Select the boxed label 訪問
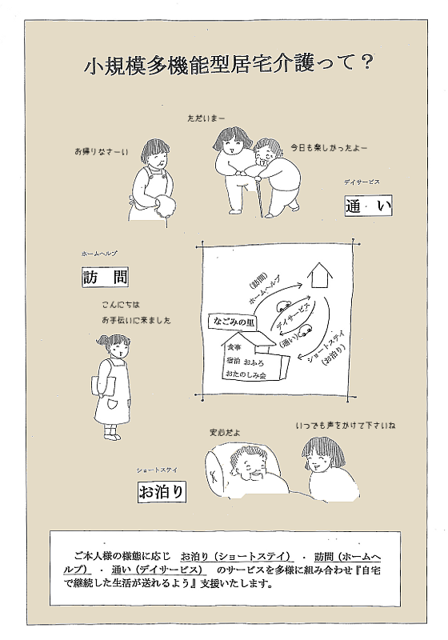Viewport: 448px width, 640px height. pyautogui.click(x=105, y=278)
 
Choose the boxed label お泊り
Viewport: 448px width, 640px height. pyautogui.click(x=161, y=490)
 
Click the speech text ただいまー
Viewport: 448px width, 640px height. pyautogui.click(x=206, y=118)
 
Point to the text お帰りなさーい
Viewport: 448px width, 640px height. pyautogui.click(x=101, y=150)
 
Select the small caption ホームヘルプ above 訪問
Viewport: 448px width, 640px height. pyautogui.click(x=99, y=253)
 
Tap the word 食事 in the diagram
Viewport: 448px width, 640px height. pyautogui.click(x=234, y=349)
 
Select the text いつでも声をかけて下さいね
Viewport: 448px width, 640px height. pyautogui.click(x=346, y=425)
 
